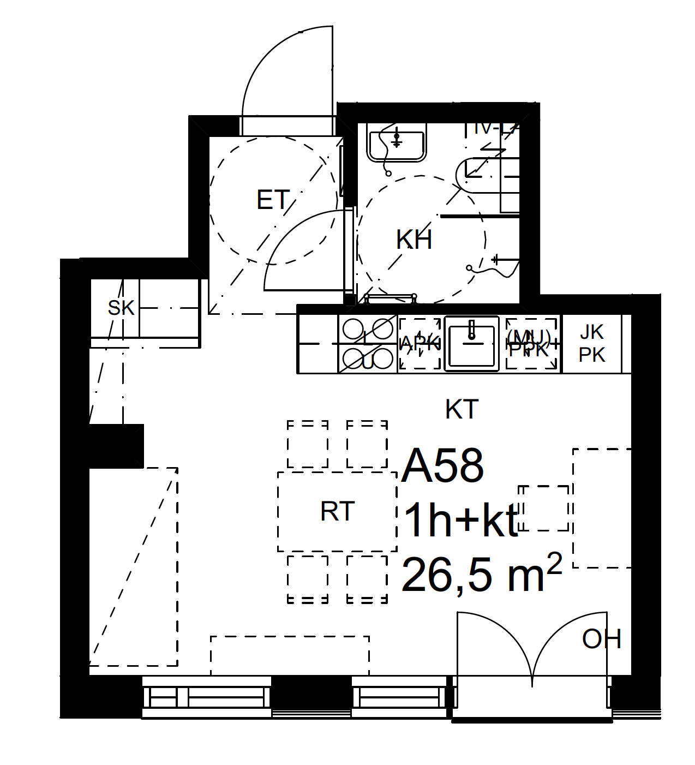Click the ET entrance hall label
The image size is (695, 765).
click(272, 200)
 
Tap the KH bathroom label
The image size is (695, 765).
click(414, 240)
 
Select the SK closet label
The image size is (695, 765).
click(121, 308)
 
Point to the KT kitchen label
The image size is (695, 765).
click(462, 409)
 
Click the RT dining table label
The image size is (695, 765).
click(338, 512)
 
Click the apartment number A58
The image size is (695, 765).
click(442, 467)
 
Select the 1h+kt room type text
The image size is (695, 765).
click(461, 521)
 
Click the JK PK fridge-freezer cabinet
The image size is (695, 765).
click(592, 344)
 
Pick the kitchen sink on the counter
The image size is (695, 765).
click(472, 344)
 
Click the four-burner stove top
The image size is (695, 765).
click(367, 344)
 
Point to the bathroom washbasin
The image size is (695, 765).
click(397, 145)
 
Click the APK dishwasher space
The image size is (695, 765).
click(420, 344)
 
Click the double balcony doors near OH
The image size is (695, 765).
click(532, 649)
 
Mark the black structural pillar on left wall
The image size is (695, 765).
click(116, 446)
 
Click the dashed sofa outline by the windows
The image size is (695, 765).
click(290, 655)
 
